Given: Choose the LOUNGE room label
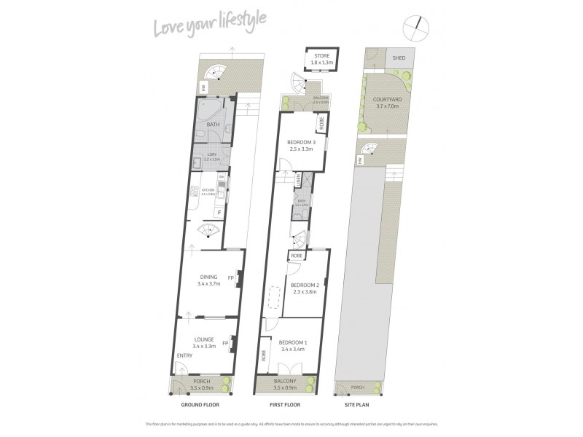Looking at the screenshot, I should coord(203,338).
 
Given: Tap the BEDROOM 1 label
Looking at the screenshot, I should coord(294,342).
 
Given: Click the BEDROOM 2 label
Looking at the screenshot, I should coord(306,285).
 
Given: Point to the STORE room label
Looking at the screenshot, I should coord(321,55).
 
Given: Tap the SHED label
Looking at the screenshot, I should coord(399,58).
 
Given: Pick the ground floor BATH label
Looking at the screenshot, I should coord(214,125).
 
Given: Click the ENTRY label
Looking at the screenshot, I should coord(184,356).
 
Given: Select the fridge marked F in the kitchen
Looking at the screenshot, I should coord(220,212).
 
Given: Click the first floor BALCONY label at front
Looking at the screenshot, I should coord(286,382).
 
